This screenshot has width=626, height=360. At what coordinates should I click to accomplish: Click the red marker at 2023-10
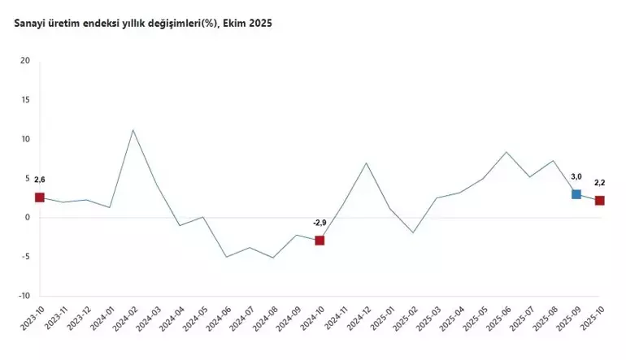(39, 197)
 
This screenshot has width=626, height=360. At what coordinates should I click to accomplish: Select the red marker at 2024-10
(320, 241)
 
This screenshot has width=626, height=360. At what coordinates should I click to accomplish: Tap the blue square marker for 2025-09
(576, 194)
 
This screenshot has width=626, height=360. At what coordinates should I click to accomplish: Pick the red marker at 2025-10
(600, 201)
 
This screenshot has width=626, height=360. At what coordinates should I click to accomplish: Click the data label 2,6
(39, 179)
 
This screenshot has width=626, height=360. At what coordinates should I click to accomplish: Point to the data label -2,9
(320, 222)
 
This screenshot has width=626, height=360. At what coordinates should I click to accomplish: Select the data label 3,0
(576, 176)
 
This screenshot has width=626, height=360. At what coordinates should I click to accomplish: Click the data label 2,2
(600, 183)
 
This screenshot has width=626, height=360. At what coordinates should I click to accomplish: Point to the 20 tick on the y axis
(25, 61)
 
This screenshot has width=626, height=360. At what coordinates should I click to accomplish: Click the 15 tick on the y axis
(25, 100)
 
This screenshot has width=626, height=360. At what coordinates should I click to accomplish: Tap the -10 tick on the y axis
(24, 296)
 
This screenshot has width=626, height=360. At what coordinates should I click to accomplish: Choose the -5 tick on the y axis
(26, 257)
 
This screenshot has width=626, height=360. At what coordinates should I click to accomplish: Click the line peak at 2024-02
(133, 130)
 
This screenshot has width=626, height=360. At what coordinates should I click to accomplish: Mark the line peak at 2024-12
(367, 163)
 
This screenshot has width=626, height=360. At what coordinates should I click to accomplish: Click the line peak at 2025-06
(506, 152)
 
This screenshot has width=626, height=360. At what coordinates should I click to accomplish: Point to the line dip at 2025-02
(413, 232)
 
